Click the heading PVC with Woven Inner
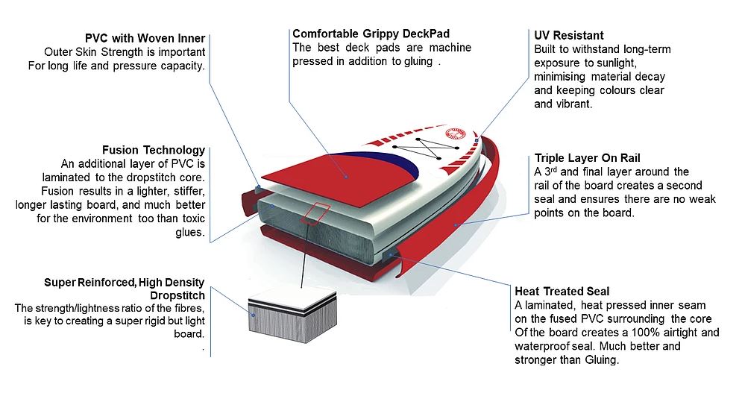coord(145,39)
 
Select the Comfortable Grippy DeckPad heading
coord(371,34)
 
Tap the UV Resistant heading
coord(569,35)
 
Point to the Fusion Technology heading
coord(154,150)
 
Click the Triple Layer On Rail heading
coord(588,158)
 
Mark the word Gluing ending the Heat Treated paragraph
coord(600,360)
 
